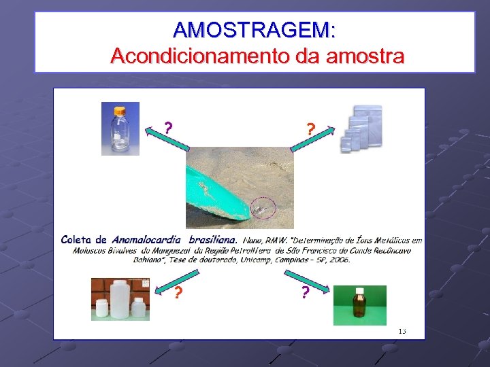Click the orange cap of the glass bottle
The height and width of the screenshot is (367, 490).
coord(120,110)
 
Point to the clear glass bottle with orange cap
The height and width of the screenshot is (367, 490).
coord(120,130)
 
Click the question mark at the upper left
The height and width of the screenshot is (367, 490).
coord(168,127)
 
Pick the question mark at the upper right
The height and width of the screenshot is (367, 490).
coord(310,128)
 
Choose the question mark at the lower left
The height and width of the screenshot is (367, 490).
coord(178,293)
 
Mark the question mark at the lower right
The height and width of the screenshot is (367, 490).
coord(305,292)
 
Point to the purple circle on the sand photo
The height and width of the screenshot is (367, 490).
coord(263,207)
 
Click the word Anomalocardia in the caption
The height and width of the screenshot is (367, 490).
coord(146,239)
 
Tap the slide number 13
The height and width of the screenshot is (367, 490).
coord(402,331)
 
